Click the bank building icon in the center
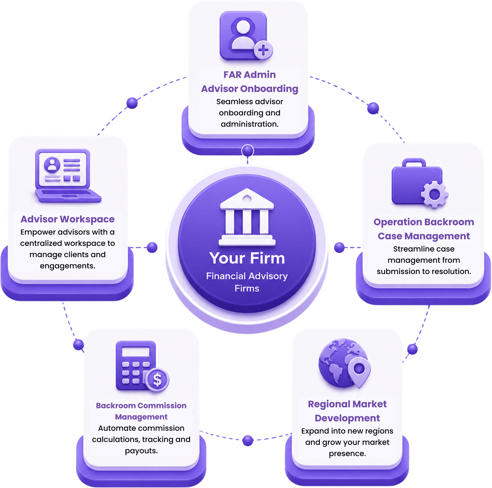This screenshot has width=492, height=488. coord(247,217)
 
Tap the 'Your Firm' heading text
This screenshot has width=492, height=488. coord(247,258)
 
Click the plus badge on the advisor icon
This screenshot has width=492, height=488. coord(263,50)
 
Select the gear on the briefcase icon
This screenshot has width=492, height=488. coord(434,195)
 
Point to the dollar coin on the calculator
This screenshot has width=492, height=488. coord(157,380)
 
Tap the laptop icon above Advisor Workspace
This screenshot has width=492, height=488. coord(68,176)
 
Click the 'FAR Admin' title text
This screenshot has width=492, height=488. coord(250,75)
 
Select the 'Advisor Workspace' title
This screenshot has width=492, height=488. coord(68,219)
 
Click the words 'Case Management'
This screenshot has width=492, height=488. coord(423,236)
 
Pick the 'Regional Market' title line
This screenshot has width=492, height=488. coord(347,404)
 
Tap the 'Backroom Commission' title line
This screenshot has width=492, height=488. coord(141,406)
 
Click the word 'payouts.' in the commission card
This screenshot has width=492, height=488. coord(141,451)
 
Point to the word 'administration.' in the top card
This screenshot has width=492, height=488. coord(250,124)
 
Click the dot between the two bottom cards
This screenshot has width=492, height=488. coord(248,441)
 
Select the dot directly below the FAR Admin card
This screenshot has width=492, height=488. coord(247,150)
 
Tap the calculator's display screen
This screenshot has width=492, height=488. coord(136,352)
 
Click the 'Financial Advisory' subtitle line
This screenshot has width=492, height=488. coord(247,276)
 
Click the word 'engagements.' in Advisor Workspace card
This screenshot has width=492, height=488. coord(68,266)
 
